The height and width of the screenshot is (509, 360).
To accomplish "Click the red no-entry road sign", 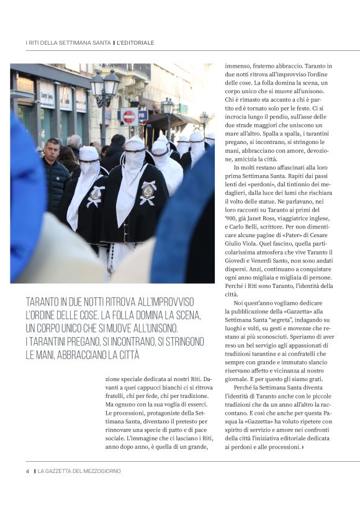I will click(x=128, y=117).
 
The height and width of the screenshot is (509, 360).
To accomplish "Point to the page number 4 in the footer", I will click(x=27, y=471).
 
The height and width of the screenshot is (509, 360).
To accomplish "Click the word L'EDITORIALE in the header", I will click(x=136, y=43).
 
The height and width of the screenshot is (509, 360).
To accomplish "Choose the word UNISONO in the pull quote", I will click(x=157, y=328).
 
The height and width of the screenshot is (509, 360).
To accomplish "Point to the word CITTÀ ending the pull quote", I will click(x=124, y=355).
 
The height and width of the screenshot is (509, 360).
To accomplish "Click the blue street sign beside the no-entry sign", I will click(x=143, y=115).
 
